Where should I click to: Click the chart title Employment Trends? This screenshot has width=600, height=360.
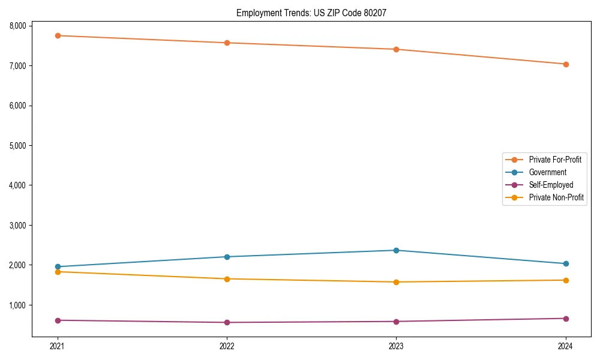click(x=316, y=13)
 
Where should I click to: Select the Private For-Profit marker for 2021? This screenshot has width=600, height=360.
click(x=58, y=35)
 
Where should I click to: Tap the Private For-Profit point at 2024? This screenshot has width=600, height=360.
click(x=565, y=64)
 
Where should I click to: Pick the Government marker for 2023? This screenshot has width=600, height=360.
click(x=396, y=250)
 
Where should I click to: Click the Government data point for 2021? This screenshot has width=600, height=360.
click(x=58, y=266)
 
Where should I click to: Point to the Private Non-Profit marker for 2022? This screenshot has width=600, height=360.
click(x=227, y=279)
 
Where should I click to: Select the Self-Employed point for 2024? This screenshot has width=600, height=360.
click(x=565, y=319)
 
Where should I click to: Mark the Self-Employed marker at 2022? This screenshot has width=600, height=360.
click(x=227, y=322)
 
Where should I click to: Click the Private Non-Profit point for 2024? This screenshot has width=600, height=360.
click(x=565, y=280)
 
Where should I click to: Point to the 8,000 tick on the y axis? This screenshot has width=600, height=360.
click(x=18, y=26)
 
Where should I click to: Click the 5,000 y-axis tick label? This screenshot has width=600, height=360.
click(x=18, y=145)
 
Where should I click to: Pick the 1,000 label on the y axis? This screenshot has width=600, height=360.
click(x=18, y=305)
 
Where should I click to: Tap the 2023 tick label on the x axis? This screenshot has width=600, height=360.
click(x=396, y=346)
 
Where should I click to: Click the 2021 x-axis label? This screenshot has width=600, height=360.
click(x=58, y=346)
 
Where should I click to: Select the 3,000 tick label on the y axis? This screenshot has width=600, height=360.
click(x=18, y=225)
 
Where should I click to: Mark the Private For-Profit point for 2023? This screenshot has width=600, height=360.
click(x=396, y=49)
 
